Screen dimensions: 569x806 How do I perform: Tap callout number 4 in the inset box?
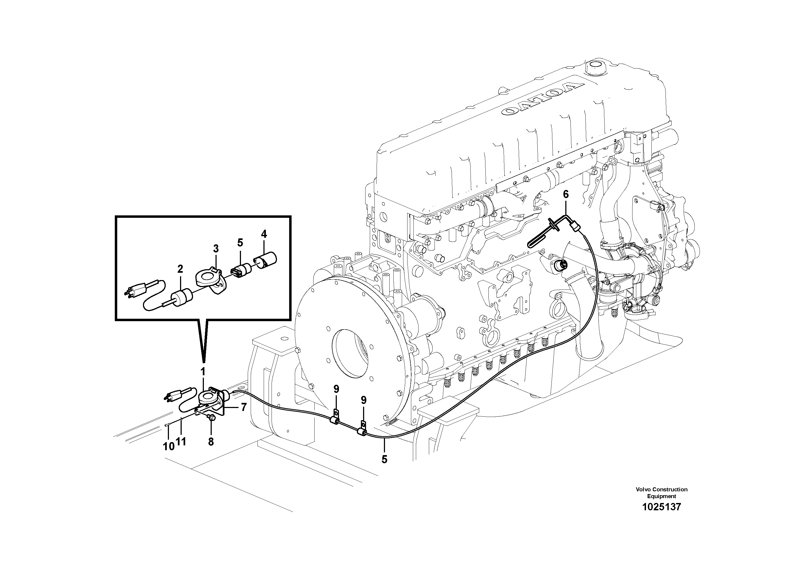point(264,234)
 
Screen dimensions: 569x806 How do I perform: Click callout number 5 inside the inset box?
point(240,242)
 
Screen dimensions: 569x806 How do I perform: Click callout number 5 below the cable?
point(384,459)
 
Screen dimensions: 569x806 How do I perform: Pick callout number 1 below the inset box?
point(203,371)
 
